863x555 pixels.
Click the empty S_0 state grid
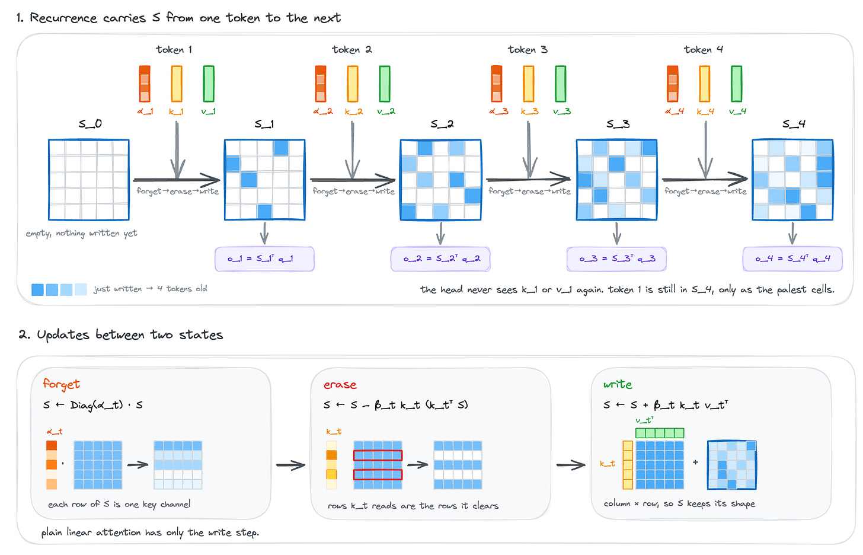89,180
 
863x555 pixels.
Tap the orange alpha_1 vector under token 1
145,84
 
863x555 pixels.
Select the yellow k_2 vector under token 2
353,84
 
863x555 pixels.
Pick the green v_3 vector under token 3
561,84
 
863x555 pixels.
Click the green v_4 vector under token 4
736,84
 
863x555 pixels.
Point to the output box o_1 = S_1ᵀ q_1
264,259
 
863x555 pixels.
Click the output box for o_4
792,259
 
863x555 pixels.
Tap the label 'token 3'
528,50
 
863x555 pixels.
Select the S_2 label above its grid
442,124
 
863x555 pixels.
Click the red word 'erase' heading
340,385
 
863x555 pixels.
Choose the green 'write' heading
618,384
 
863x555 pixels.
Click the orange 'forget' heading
61,384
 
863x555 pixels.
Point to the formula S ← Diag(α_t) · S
93,405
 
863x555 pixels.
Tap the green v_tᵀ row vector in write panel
660,433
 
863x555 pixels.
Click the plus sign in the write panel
695,462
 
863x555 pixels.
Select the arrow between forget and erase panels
291,465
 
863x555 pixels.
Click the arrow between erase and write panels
571,465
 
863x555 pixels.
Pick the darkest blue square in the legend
37,289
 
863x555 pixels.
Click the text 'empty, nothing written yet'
81,234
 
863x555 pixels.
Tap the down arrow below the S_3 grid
616,233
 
